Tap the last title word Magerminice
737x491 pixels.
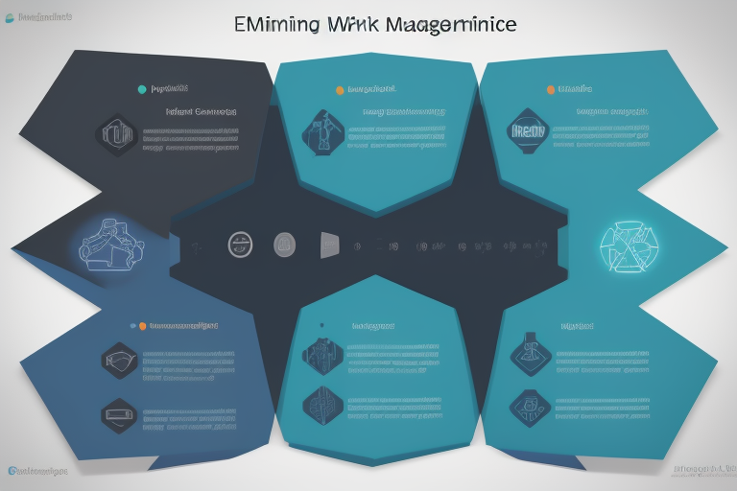[451, 24]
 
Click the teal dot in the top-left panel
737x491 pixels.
[142, 89]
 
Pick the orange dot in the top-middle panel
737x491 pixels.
[339, 90]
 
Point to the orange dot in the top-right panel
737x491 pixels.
[551, 90]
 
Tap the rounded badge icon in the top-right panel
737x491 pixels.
[528, 131]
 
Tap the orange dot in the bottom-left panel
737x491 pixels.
[142, 326]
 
